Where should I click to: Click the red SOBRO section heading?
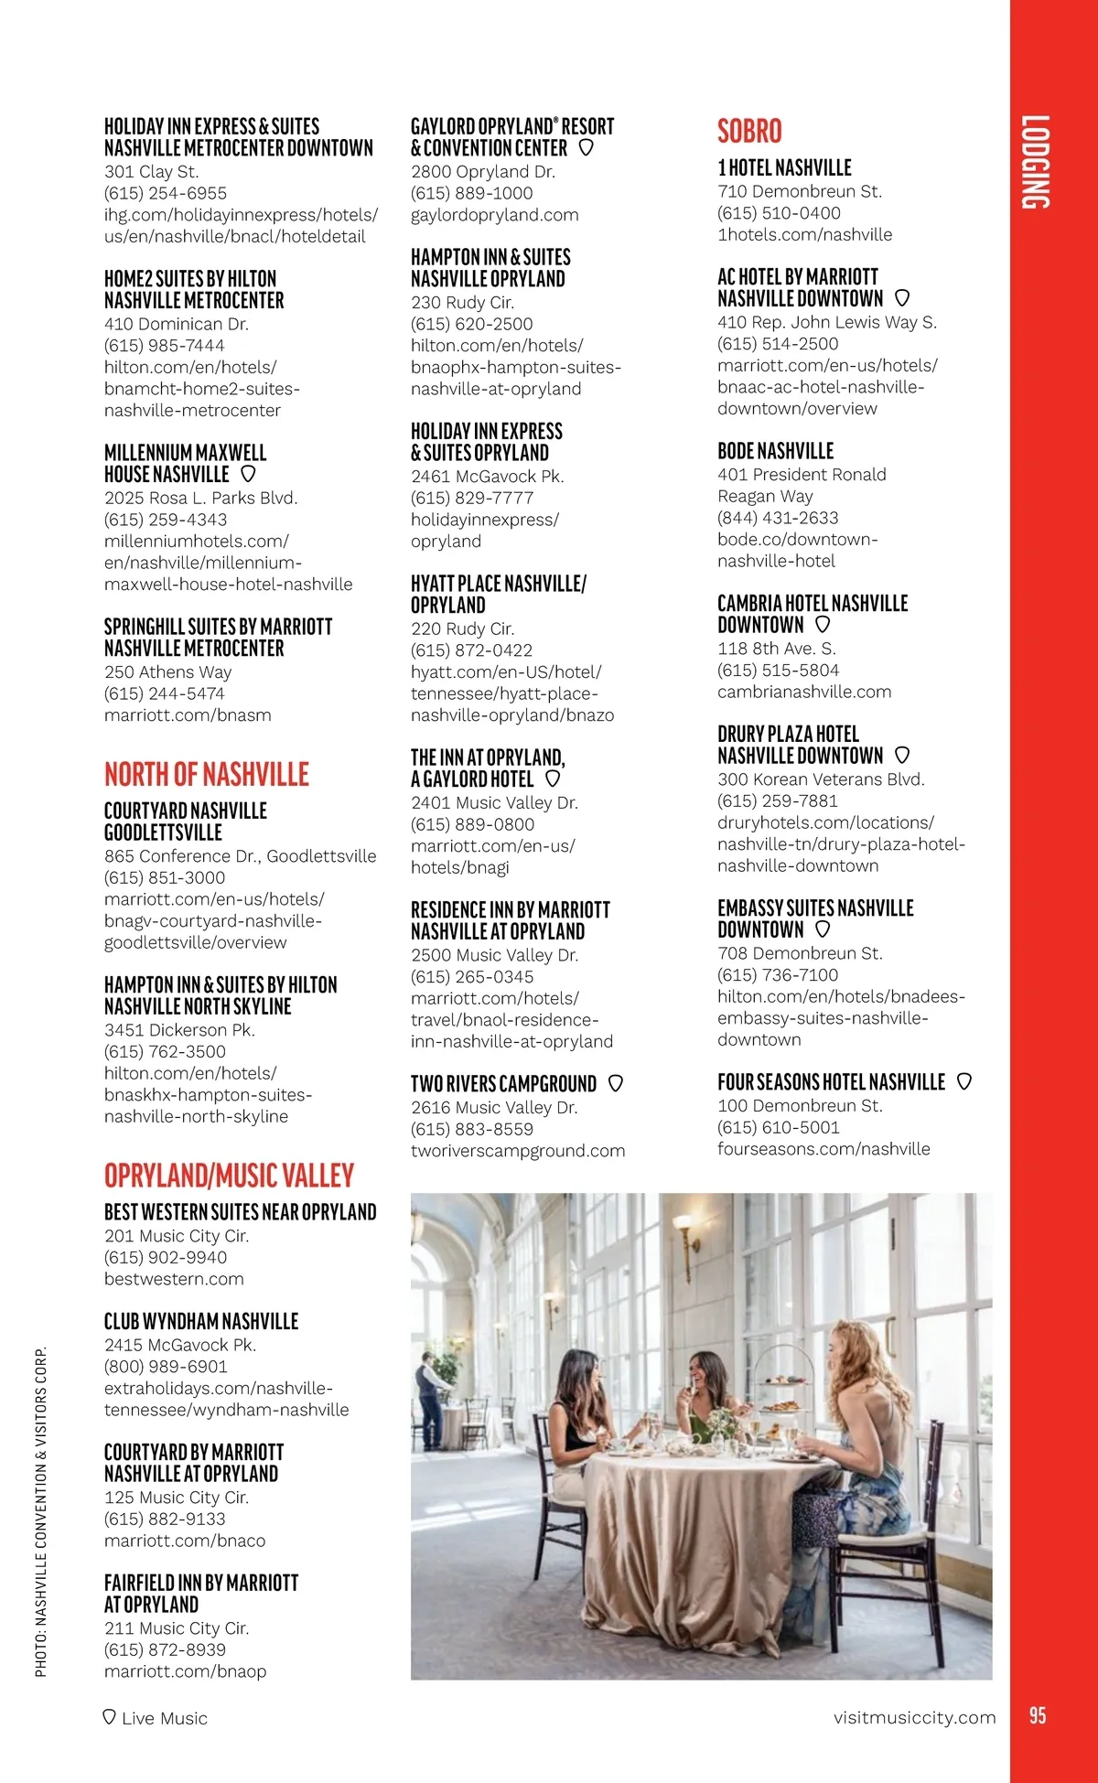coord(749,132)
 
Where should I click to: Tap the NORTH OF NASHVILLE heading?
coord(207,775)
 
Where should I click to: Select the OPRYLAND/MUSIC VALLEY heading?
coord(229,1176)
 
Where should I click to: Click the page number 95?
coord(1037,1716)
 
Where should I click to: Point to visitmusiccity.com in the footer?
coord(914,1717)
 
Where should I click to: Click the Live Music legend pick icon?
coord(110,1717)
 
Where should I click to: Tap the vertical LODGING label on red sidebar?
coord(1036,162)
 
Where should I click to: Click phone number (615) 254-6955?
coord(166,193)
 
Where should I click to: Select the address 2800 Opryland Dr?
coord(483,171)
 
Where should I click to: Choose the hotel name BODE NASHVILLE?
coord(776,451)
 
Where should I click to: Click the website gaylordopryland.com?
coord(495,215)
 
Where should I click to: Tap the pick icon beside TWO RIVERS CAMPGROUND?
coord(616,1083)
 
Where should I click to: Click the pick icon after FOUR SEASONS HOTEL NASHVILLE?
coord(963,1081)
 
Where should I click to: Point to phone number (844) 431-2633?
coord(778,518)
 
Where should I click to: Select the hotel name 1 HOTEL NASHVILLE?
coord(784,168)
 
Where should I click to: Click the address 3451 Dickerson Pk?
coord(179,1030)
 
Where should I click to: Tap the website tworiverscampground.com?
coord(518,1151)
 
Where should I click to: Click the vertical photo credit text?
coord(41,1511)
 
